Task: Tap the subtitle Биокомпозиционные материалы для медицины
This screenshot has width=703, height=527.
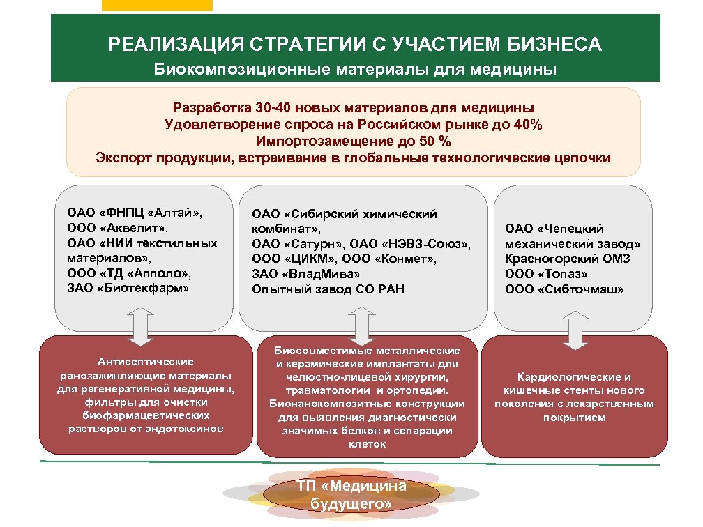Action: tap(355, 70)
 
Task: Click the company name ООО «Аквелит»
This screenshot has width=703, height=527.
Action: tap(118, 227)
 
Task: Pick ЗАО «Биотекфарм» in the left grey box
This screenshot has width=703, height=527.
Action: tap(128, 287)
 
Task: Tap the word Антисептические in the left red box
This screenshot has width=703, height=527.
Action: tap(146, 362)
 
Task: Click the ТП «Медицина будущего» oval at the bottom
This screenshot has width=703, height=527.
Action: tap(351, 494)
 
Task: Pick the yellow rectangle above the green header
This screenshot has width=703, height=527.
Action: tap(157, 6)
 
